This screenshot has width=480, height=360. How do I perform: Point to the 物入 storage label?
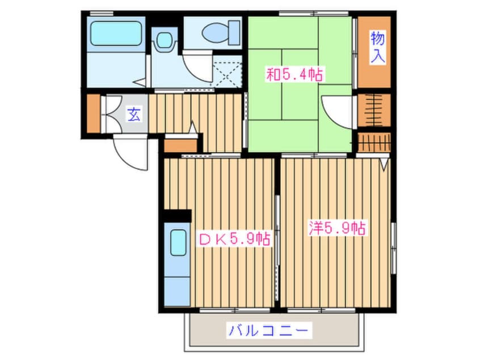pyautogui.click(x=377, y=48)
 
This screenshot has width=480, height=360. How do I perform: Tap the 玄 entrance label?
pyautogui.click(x=133, y=114)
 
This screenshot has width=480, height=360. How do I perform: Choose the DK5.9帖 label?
pyautogui.click(x=233, y=238)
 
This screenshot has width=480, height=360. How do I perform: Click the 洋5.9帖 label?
pyautogui.click(x=336, y=228)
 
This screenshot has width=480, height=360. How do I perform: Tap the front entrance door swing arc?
pyautogui.click(x=129, y=152)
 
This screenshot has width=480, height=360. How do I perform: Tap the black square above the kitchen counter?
pyautogui.click(x=176, y=216)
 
